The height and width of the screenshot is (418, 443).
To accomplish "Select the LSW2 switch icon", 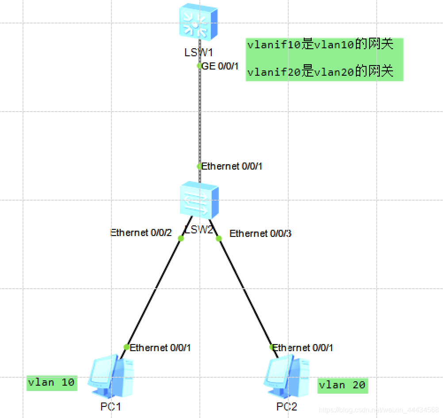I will pyautogui.click(x=199, y=200).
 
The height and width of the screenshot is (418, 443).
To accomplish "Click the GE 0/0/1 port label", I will pyautogui.click(x=220, y=66).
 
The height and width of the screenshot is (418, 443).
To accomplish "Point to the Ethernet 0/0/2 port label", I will pyautogui.click(x=141, y=232).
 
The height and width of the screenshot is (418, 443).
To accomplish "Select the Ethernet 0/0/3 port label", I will pyautogui.click(x=260, y=233).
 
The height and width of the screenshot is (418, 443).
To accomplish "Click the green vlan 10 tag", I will pyautogui.click(x=52, y=382).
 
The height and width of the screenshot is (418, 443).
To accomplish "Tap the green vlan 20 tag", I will pyautogui.click(x=342, y=385).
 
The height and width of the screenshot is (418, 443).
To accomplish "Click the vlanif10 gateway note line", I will pyautogui.click(x=320, y=45).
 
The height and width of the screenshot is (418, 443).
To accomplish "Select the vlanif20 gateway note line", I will pyautogui.click(x=320, y=71).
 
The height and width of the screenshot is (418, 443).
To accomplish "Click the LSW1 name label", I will pyautogui.click(x=199, y=53).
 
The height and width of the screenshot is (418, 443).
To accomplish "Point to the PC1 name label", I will pyautogui.click(x=111, y=406).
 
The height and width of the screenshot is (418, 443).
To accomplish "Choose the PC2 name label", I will pyautogui.click(x=287, y=406).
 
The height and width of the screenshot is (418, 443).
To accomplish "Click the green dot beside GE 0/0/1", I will pyautogui.click(x=199, y=66).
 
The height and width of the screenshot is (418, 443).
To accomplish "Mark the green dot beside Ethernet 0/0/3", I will pyautogui.click(x=218, y=239).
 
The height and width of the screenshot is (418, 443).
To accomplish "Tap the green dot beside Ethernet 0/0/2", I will pyautogui.click(x=180, y=239).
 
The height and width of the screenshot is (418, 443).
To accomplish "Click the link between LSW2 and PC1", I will pyautogui.click(x=154, y=292).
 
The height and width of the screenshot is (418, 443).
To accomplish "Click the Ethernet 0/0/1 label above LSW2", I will pyautogui.click(x=232, y=166).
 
